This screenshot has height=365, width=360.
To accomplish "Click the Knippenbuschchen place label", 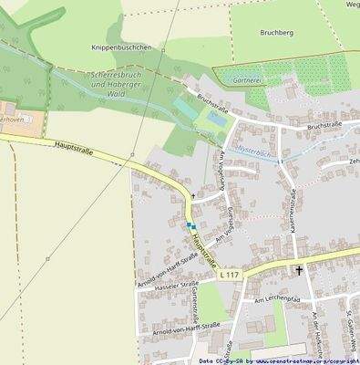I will click(x=121, y=47).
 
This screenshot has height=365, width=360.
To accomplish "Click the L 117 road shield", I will click(x=230, y=274).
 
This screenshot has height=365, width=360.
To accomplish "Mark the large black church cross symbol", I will click(x=299, y=270).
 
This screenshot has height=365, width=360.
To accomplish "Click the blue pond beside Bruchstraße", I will click(x=217, y=118).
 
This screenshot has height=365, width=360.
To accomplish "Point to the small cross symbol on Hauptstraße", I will click(x=192, y=195).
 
